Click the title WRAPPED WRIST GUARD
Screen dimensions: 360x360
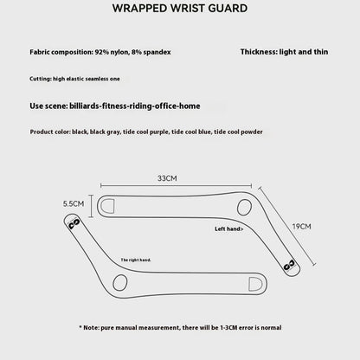(x=180, y=9)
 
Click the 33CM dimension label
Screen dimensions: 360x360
(x=167, y=178)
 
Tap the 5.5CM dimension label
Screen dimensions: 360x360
(x=74, y=203)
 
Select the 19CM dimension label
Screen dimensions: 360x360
(x=301, y=227)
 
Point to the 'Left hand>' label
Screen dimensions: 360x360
(x=229, y=228)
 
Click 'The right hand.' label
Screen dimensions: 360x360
(x=136, y=260)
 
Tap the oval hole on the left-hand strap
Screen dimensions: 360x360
(x=244, y=207)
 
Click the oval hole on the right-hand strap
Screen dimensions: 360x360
(x=120, y=283)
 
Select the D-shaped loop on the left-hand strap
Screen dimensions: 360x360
(x=106, y=206)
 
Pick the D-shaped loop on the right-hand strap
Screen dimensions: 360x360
(x=255, y=284)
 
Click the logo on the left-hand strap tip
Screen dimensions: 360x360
(x=289, y=265)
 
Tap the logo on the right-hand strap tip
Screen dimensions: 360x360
(x=74, y=224)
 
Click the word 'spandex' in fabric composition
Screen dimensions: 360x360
(x=157, y=52)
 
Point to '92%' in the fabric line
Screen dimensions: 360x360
(x=101, y=52)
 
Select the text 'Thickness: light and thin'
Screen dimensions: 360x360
(x=284, y=52)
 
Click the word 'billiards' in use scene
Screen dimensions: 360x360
(x=85, y=106)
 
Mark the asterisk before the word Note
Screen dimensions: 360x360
(x=80, y=327)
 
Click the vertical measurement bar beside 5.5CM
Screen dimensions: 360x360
(x=92, y=206)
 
